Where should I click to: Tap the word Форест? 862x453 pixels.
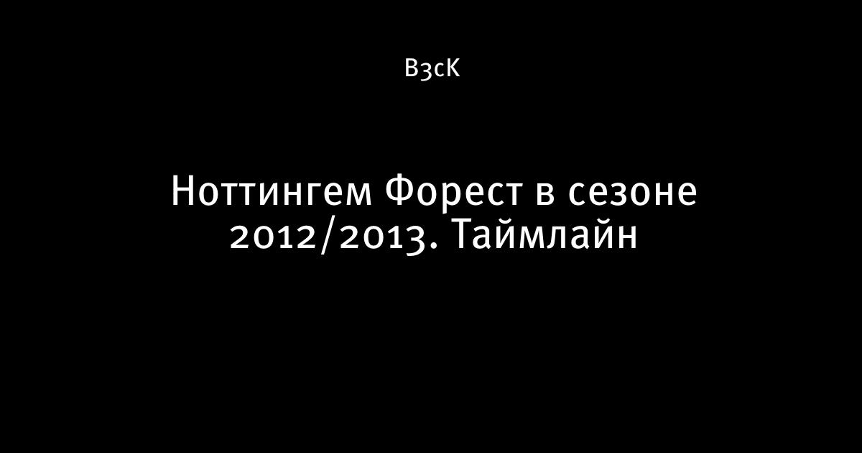(454, 193)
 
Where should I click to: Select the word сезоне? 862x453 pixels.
(633, 193)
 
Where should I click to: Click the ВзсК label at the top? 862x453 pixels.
(432, 69)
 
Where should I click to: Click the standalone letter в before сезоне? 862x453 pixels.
(545, 193)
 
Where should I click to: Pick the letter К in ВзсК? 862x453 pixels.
(452, 69)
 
